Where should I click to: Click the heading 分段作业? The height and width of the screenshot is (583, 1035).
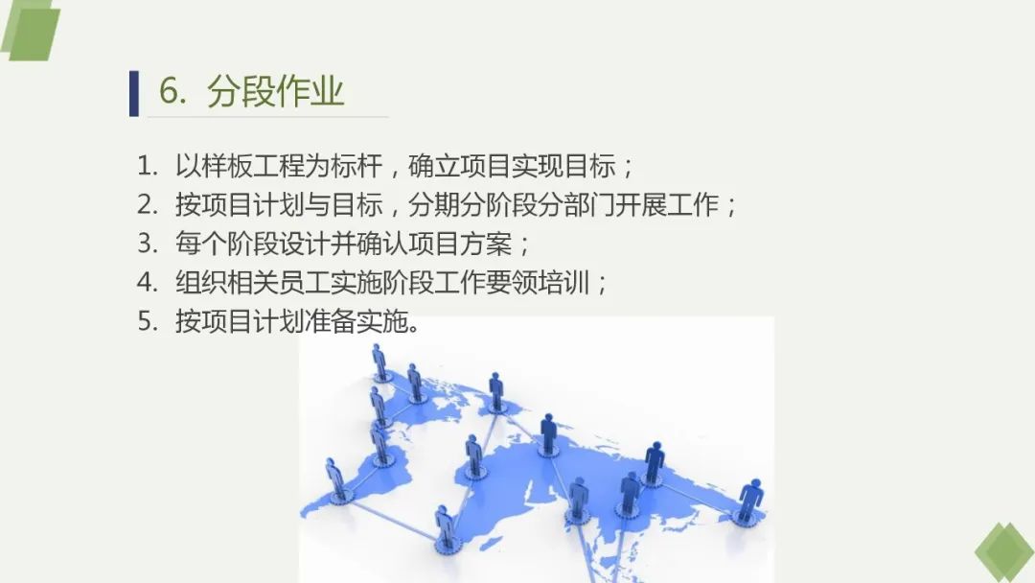tap(275, 91)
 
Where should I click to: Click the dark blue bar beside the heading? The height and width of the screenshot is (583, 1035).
tap(134, 93)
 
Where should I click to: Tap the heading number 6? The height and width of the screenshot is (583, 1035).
tap(172, 91)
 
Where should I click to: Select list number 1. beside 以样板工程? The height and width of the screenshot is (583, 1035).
tap(148, 166)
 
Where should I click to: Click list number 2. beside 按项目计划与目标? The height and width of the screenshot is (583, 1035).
tap(148, 204)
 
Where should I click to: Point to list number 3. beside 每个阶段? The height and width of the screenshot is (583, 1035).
tap(148, 244)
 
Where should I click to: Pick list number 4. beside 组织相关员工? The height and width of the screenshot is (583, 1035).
tap(148, 283)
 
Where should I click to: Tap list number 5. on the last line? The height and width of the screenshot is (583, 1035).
tap(148, 321)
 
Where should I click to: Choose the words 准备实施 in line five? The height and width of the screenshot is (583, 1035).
tap(356, 321)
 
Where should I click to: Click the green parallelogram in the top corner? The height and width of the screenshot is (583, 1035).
tap(31, 31)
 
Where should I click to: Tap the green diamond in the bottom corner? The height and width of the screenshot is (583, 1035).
tap(1004, 552)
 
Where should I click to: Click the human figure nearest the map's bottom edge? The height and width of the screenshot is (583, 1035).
tap(446, 529)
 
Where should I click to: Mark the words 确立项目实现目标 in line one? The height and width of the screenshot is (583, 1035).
tap(512, 166)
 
